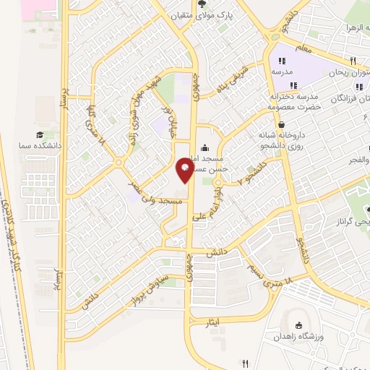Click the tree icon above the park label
(x=212, y=4)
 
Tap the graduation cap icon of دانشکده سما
(x=41, y=134)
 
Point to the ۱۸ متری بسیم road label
(x=271, y=274)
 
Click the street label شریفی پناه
(x=232, y=81)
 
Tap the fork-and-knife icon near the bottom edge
(x=246, y=363)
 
